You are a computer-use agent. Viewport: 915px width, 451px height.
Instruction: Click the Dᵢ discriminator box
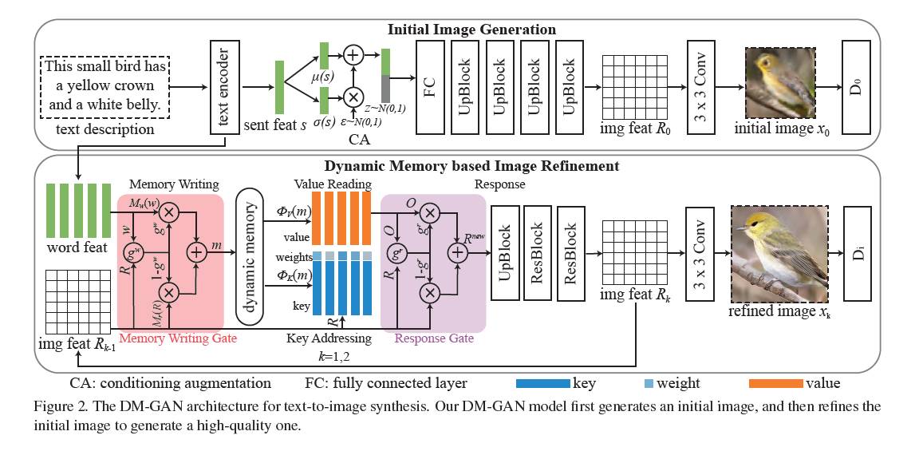coord(855,252)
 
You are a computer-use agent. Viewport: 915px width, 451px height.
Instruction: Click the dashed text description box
coord(105,84)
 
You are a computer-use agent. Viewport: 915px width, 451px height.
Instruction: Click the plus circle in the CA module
coord(353,55)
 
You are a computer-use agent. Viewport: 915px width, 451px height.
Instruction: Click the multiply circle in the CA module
coord(353,97)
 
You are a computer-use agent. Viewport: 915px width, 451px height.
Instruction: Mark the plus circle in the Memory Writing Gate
coord(196,252)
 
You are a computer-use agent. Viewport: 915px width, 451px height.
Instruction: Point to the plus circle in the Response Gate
coord(457,253)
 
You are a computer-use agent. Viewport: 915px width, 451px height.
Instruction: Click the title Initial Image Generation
coord(471,30)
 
